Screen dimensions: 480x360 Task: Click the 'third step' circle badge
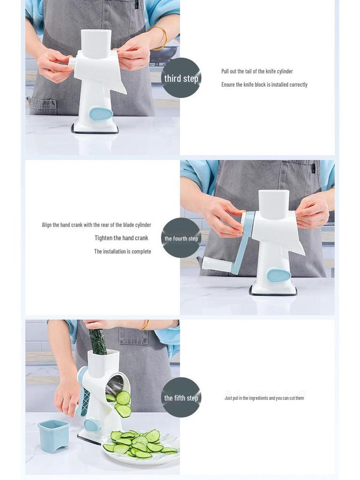tap(181, 78)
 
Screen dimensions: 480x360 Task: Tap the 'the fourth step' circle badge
tap(181, 238)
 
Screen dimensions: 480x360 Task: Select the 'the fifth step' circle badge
tap(181, 397)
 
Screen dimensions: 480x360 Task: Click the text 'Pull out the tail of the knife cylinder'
tap(257, 71)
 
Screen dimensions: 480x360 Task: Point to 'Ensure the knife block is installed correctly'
tap(264, 85)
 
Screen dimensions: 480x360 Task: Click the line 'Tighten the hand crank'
tap(121, 238)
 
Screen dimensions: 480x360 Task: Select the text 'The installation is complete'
tap(122, 252)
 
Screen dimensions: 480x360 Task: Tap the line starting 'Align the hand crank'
tap(96, 225)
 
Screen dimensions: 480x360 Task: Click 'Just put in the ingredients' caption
tap(264, 398)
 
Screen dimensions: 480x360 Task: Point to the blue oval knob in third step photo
tap(101, 114)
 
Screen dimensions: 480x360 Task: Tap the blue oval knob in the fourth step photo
tap(279, 275)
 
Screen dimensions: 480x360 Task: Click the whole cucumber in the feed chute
tap(97, 341)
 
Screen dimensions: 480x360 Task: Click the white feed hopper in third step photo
tap(96, 44)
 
